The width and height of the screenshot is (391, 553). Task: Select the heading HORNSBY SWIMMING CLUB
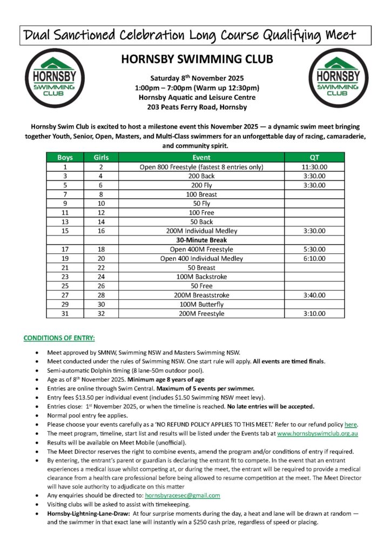click(197, 59)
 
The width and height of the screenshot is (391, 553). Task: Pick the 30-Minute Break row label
click(201, 240)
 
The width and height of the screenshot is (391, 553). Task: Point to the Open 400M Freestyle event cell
click(201, 249)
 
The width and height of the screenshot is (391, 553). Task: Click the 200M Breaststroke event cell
click(201, 295)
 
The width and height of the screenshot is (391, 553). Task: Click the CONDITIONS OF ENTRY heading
click(59, 338)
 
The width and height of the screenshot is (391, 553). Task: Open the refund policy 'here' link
click(352, 423)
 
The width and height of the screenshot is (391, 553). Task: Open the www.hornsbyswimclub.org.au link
click(319, 433)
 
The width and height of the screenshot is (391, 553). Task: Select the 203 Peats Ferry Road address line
click(197, 107)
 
